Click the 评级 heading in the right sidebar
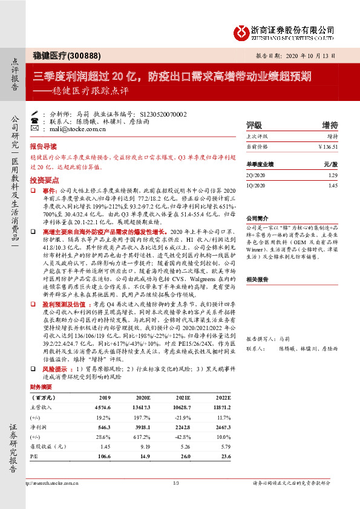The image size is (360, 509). pyautogui.click(x=254, y=125)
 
